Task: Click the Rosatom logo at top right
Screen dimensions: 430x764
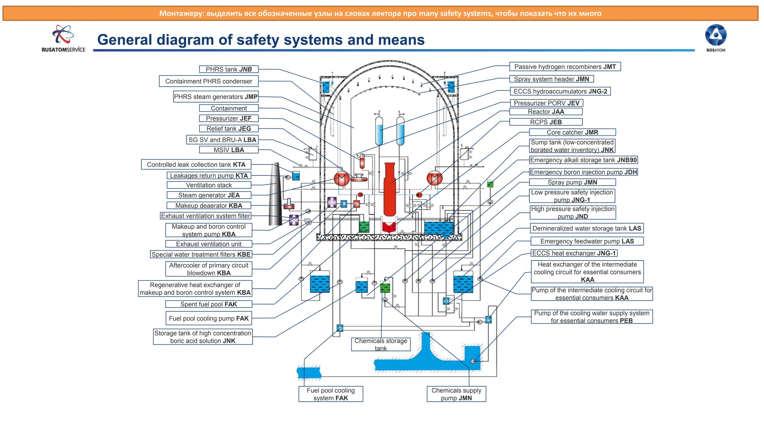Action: coord(716,38)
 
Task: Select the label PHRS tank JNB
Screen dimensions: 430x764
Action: coord(229,69)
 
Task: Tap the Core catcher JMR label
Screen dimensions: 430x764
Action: coord(572,132)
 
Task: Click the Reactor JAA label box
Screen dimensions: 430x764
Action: coord(546,112)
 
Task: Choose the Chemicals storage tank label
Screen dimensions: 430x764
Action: coord(381,344)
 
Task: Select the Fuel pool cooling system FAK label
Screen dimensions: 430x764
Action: coord(331,394)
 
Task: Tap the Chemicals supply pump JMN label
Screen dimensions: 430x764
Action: coord(456,394)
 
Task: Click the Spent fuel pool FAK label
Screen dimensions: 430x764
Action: coord(209,304)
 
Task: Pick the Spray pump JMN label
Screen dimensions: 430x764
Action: coord(572,182)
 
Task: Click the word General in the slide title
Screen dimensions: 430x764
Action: coord(124,40)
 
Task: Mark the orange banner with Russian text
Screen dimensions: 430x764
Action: coord(380,13)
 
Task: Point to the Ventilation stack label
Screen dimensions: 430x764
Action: coord(209,185)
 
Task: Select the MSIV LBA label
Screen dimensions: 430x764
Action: coord(229,150)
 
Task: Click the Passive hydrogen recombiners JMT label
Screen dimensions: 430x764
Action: coord(565,66)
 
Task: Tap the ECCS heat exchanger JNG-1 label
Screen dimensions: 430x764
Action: coord(574,253)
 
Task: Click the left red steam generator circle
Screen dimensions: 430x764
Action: coord(341,179)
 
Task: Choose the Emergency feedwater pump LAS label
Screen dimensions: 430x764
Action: coord(587,241)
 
